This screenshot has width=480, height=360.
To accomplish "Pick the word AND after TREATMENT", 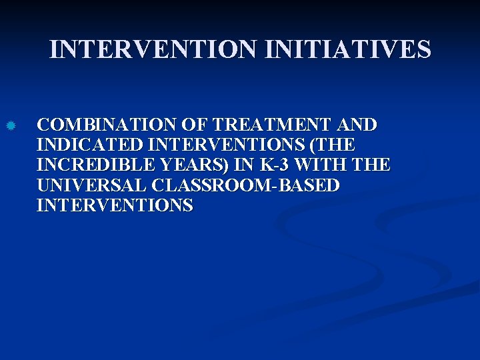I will [357, 125].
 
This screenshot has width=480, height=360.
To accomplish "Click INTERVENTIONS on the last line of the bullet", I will [115, 205].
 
